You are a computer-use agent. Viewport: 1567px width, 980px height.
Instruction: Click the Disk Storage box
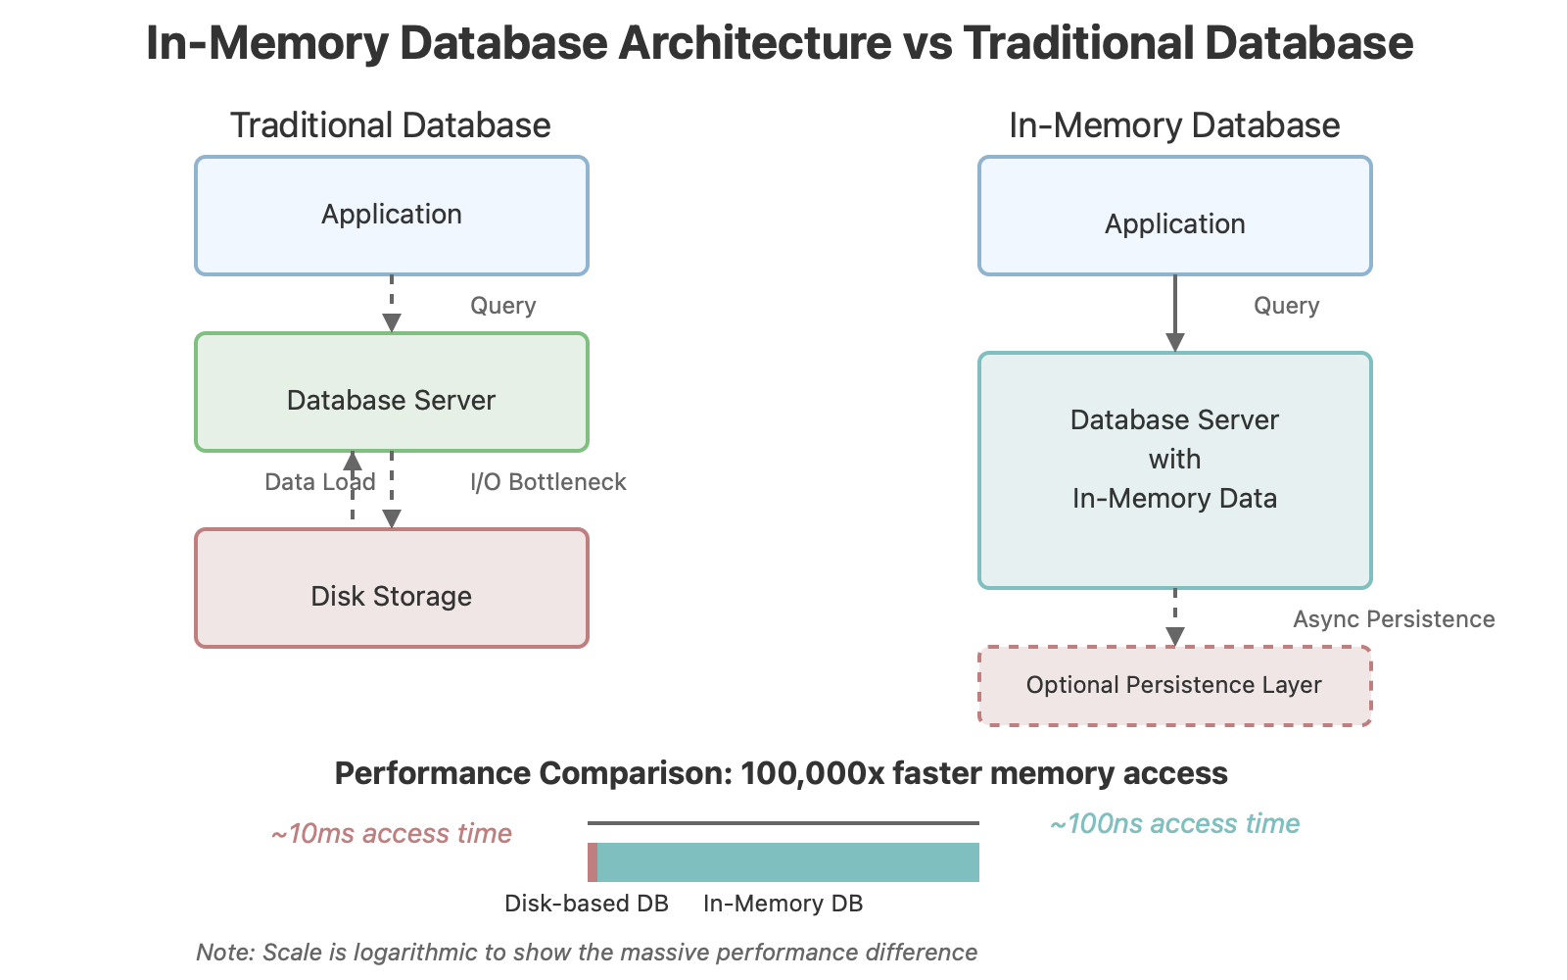(392, 588)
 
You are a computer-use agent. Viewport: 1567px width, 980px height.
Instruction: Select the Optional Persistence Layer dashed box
(1174, 685)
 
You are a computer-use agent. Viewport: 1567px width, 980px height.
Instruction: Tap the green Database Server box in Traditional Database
(392, 392)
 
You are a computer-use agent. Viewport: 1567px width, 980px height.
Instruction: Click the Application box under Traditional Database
(392, 216)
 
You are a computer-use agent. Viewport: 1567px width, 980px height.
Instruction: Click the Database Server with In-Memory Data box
(1174, 470)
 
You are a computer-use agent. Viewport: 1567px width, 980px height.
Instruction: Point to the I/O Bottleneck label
(547, 482)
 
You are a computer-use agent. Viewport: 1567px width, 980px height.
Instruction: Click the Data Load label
(319, 482)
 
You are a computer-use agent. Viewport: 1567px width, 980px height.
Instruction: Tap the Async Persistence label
(1393, 619)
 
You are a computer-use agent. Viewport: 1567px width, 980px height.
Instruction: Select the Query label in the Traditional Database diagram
(502, 306)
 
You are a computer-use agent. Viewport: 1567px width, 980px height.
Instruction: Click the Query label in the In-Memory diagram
(1286, 306)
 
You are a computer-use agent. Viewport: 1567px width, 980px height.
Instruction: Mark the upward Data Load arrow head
(353, 461)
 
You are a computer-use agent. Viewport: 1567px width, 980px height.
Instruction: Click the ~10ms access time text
(391, 834)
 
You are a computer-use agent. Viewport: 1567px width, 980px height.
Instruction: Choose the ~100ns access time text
(1174, 824)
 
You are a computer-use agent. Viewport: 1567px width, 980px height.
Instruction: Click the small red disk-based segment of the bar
(593, 862)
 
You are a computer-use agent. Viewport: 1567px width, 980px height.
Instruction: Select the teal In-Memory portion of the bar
(788, 862)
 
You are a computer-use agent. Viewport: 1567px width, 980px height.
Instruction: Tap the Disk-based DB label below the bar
(586, 904)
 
